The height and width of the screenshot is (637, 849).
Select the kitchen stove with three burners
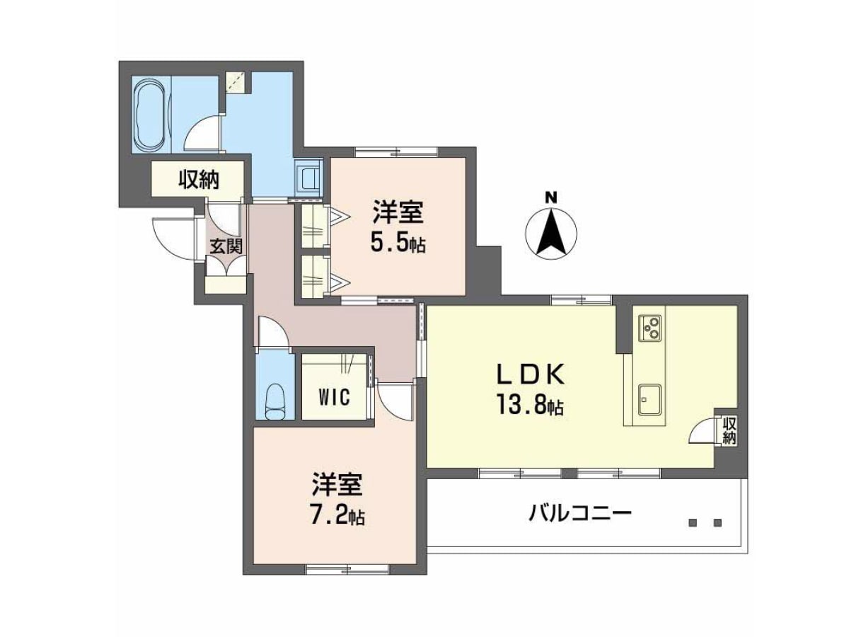(x=649, y=328)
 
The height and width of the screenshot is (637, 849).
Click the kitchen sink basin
(x=649, y=399)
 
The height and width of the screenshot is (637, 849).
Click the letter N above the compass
(x=551, y=197)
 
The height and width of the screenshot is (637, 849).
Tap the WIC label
(x=335, y=396)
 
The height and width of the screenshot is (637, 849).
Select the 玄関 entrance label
(x=226, y=246)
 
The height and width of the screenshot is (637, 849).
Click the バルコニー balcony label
(x=580, y=514)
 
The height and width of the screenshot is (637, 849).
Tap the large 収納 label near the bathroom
(x=199, y=180)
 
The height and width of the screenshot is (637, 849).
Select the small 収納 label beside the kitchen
(x=729, y=431)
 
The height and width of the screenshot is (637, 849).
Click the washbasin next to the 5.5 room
(x=308, y=179)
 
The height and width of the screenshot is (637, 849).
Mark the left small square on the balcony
(x=693, y=523)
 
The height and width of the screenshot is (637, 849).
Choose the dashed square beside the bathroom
(x=235, y=81)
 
